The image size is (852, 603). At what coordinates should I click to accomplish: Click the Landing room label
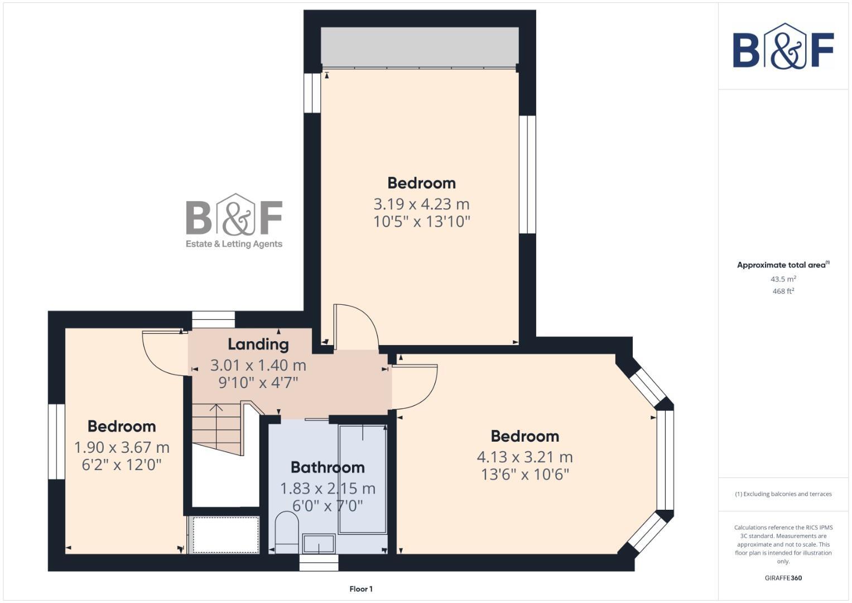click(x=258, y=344)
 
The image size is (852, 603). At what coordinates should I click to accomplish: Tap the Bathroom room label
click(x=328, y=467)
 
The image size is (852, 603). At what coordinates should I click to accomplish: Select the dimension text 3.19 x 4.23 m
click(x=421, y=204)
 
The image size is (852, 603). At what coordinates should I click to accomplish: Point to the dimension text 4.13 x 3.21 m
click(x=524, y=457)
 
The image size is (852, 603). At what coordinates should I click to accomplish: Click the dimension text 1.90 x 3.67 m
click(x=122, y=447)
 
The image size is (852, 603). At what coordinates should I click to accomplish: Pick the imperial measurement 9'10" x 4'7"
click(x=258, y=383)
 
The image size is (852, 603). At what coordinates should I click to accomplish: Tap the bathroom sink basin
click(x=319, y=543)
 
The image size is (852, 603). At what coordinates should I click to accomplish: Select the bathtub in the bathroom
click(x=363, y=478)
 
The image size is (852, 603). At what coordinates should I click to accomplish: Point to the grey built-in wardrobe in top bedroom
click(x=420, y=46)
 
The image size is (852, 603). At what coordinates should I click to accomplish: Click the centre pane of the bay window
click(x=665, y=461)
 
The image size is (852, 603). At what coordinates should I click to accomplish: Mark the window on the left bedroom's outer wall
click(x=56, y=441)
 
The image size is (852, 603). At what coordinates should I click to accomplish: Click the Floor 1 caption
click(x=361, y=589)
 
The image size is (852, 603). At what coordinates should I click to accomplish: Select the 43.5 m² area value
click(x=783, y=279)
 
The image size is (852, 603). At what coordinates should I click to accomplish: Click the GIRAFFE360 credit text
click(x=783, y=578)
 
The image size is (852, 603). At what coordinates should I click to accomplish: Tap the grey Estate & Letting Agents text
click(x=234, y=244)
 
